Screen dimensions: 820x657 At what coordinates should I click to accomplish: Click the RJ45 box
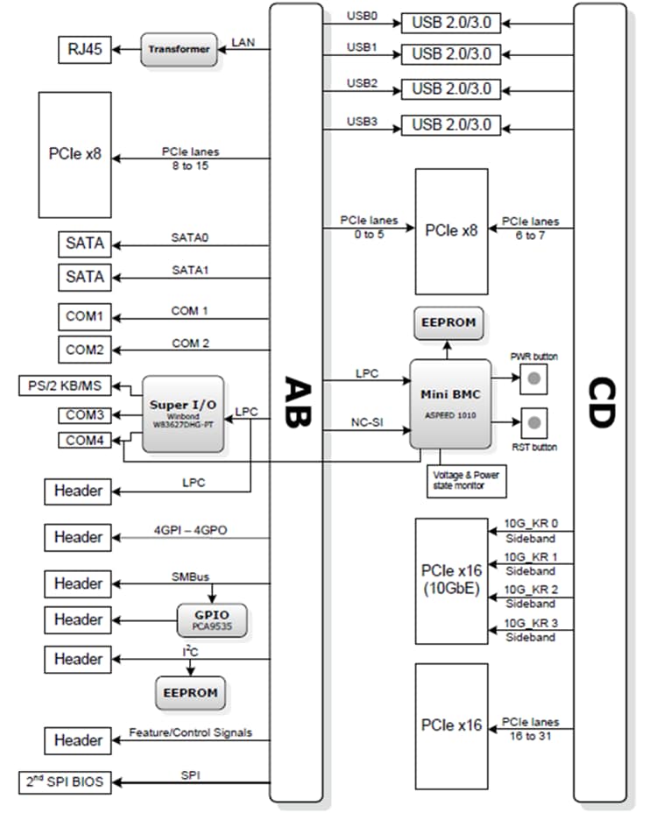(85, 50)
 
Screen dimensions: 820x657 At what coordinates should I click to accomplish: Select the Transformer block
(179, 50)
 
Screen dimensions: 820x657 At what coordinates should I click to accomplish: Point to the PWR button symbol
(533, 379)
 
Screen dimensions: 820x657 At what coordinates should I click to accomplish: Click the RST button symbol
(533, 423)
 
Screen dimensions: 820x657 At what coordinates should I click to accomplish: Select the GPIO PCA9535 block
(212, 619)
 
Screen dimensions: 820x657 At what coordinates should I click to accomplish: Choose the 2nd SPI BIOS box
(67, 781)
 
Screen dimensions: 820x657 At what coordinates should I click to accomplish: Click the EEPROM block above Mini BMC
(449, 322)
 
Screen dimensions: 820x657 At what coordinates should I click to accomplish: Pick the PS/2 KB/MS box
(67, 386)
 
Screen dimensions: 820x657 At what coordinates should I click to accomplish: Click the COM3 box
(84, 414)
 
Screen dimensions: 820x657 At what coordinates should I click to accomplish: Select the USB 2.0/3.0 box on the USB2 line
(450, 89)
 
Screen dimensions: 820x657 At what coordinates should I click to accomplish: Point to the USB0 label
(362, 16)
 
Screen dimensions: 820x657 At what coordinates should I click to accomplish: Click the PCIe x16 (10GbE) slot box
(451, 580)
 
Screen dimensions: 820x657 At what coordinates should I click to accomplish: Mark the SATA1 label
(189, 270)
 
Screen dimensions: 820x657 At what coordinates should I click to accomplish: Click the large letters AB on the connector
(296, 403)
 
